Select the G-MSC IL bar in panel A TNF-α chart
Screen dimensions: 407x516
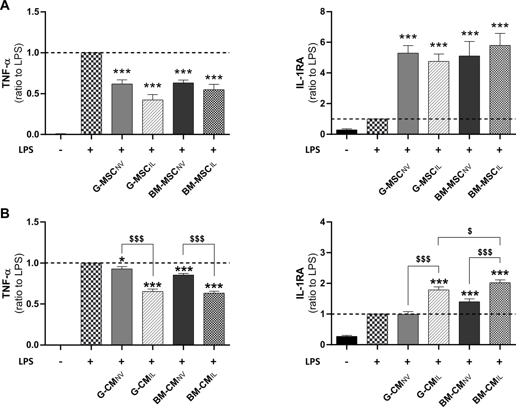[153, 117]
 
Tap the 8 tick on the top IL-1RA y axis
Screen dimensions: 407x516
[323, 12]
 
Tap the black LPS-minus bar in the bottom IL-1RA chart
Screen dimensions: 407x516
[347, 340]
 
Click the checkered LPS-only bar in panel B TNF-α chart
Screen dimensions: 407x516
[91, 304]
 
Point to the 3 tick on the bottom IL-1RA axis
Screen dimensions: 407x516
[323, 253]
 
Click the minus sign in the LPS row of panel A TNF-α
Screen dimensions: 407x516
[61, 150]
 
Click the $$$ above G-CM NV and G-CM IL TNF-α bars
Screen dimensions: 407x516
[137, 239]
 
